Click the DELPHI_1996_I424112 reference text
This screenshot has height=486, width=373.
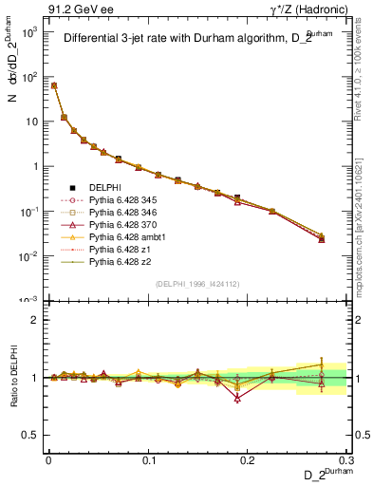[x=196, y=283]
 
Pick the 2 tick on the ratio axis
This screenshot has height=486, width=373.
[x=36, y=320]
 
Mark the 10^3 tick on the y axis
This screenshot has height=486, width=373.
[x=31, y=31]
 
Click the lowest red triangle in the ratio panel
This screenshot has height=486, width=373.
[x=237, y=399]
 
